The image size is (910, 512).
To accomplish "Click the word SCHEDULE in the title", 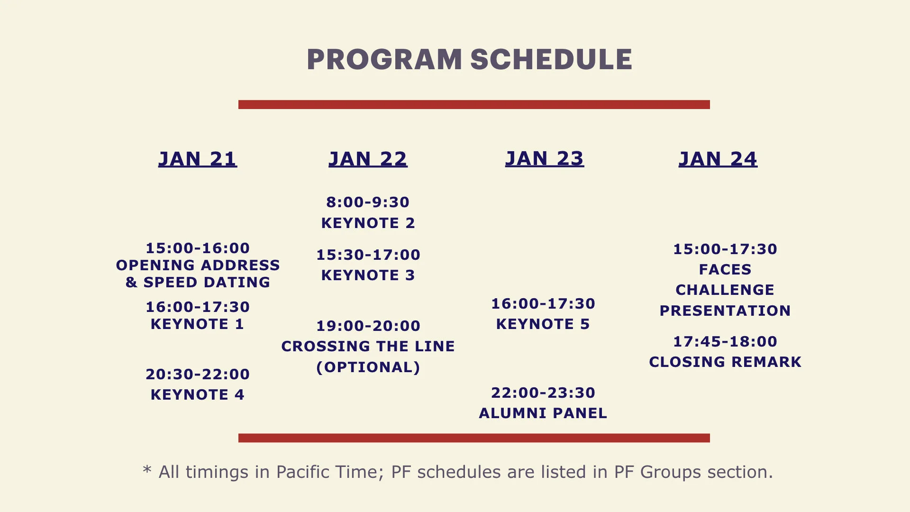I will pyautogui.click(x=551, y=60).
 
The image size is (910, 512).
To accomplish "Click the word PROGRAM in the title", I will pyautogui.click(x=384, y=60).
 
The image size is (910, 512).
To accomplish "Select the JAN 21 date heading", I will pyautogui.click(x=198, y=159).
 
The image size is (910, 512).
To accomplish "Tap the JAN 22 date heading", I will pyautogui.click(x=368, y=159).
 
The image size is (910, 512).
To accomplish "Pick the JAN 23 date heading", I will pyautogui.click(x=544, y=159).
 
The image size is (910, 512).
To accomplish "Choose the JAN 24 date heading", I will pyautogui.click(x=718, y=159).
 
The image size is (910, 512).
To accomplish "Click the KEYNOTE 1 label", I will pyautogui.click(x=197, y=324).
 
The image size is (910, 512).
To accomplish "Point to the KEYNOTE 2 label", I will pyautogui.click(x=368, y=223).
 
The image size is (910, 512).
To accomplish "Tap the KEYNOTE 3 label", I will pyautogui.click(x=368, y=275).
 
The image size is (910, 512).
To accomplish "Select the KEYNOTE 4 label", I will pyautogui.click(x=197, y=395).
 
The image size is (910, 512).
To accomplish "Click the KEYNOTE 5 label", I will pyautogui.click(x=543, y=324).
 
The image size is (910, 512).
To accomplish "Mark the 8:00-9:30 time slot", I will pyautogui.click(x=368, y=202).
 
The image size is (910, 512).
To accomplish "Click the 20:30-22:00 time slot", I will pyautogui.click(x=198, y=375).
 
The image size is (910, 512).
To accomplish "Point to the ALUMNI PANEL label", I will pyautogui.click(x=543, y=413).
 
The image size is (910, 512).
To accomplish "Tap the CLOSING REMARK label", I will pyautogui.click(x=725, y=362).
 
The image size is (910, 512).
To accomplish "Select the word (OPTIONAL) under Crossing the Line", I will pyautogui.click(x=368, y=367).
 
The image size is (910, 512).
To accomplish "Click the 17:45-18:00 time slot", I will pyautogui.click(x=725, y=342).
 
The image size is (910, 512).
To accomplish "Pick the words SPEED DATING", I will pyautogui.click(x=207, y=283).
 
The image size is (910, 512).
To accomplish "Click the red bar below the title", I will pyautogui.click(x=474, y=105).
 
